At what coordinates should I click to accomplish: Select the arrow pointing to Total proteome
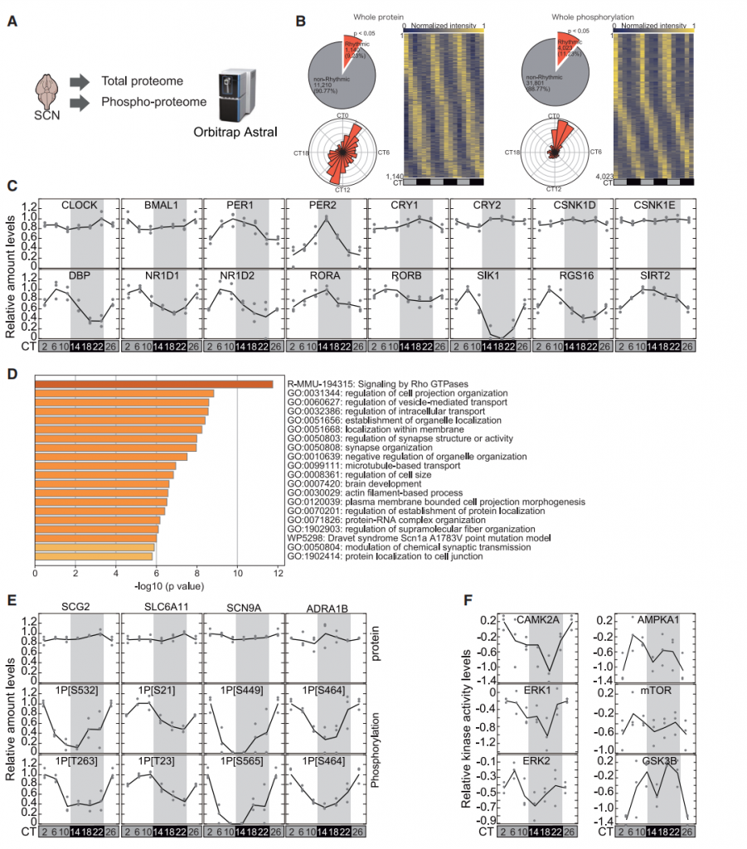[x=80, y=80]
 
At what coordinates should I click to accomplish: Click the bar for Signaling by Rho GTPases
[x=153, y=384]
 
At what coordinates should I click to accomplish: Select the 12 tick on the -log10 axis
[x=278, y=573]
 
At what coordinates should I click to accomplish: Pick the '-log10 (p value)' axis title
[x=156, y=587]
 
